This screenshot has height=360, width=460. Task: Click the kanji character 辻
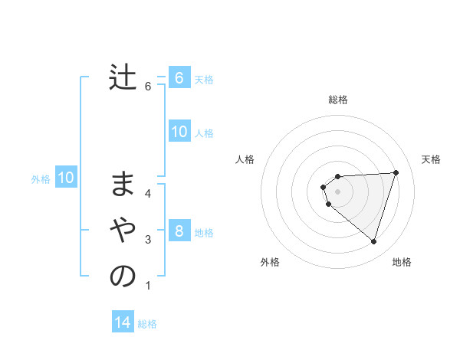tap(123, 77)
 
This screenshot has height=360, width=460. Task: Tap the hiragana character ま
tap(123, 184)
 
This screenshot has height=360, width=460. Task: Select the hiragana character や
tap(123, 229)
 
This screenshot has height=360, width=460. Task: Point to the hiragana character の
tap(123, 277)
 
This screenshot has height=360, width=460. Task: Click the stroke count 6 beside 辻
tap(148, 87)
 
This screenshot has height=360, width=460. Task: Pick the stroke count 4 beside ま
tap(148, 193)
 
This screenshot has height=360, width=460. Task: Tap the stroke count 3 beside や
tap(148, 240)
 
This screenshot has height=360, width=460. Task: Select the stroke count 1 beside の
tap(148, 286)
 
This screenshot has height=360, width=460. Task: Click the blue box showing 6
tap(179, 77)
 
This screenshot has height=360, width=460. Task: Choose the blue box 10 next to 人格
tap(179, 132)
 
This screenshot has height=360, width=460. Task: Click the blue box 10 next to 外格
tap(66, 178)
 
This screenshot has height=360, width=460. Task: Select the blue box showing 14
tap(123, 322)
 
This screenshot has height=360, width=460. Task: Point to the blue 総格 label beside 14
tap(147, 324)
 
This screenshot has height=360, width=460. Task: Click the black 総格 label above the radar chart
tap(337, 100)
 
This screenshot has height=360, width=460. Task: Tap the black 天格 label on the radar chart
tap(431, 159)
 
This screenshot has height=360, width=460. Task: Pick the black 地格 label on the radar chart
tap(402, 263)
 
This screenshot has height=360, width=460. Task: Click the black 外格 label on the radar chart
tap(270, 263)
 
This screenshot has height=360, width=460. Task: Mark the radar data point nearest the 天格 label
tap(396, 172)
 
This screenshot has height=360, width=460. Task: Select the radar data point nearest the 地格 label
tap(373, 242)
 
